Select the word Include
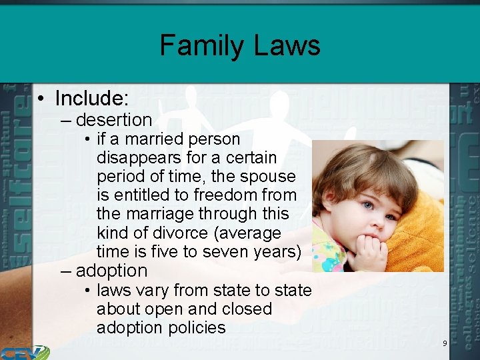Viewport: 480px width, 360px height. click(90, 99)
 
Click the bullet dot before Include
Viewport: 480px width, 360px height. click(41, 99)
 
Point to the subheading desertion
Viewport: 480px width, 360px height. click(114, 120)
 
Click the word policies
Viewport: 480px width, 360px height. click(195, 328)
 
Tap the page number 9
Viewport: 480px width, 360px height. click(445, 343)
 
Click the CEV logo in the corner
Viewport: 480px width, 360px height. click(25, 352)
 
